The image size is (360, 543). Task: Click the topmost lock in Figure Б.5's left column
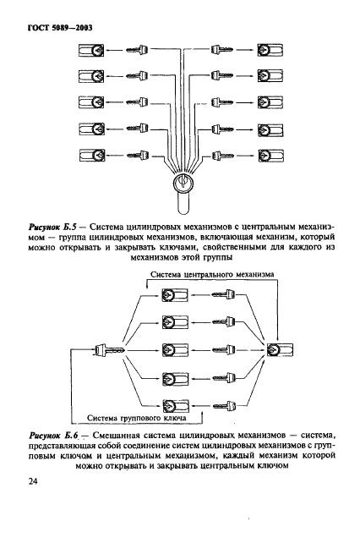click(90, 52)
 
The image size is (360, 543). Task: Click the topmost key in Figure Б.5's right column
click(223, 52)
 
